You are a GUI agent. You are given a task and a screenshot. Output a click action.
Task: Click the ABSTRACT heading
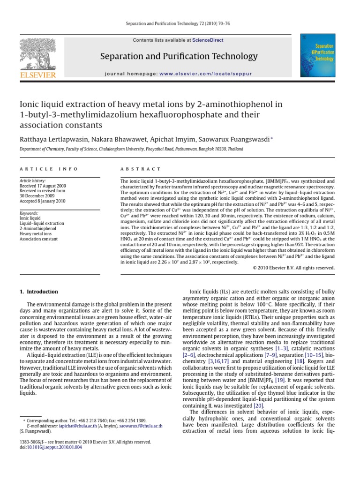(141, 169)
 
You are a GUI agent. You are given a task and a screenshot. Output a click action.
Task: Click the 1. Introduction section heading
(39, 291)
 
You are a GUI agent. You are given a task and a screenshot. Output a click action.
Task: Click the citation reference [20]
(258, 405)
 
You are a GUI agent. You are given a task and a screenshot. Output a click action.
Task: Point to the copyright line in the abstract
(294, 268)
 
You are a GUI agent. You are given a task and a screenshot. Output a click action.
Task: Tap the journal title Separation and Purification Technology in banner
(179, 57)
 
